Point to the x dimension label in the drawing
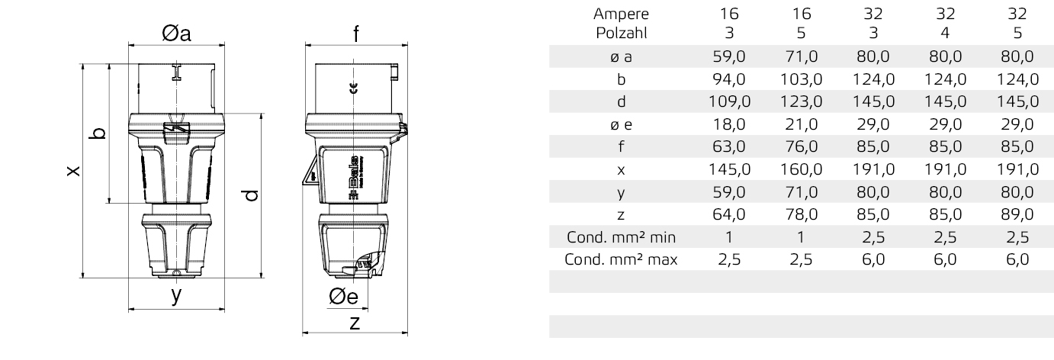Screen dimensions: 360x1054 71,171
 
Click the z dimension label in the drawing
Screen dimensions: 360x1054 354,323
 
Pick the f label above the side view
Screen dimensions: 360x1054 355,34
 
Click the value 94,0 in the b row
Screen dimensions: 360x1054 729,79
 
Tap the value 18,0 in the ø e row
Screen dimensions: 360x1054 729,124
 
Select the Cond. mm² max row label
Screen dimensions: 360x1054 621,259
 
